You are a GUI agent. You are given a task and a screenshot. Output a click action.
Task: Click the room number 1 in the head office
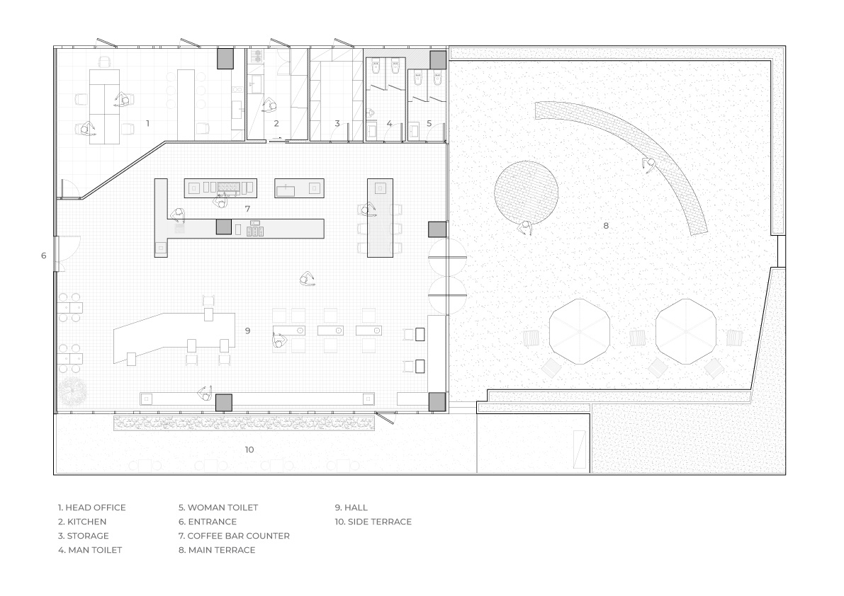tap(147, 124)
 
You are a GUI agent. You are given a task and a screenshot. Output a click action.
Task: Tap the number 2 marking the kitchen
tap(276, 124)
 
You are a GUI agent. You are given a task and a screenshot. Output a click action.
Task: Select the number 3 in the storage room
tap(337, 124)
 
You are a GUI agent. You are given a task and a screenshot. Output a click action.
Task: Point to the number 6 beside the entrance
tap(44, 256)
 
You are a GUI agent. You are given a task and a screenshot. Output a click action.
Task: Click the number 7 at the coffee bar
tap(247, 209)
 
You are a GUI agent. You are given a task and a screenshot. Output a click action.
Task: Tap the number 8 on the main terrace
tap(606, 226)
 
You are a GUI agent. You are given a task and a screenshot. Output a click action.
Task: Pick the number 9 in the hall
tap(247, 331)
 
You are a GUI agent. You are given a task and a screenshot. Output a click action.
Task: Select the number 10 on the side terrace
tap(249, 449)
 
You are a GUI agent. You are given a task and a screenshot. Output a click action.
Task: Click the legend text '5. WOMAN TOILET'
tap(218, 508)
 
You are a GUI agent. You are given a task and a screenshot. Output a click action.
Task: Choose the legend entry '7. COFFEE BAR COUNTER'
tap(234, 536)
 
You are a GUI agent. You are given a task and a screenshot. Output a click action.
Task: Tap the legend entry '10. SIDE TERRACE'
tap(373, 521)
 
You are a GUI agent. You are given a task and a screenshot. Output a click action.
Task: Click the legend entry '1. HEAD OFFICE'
tap(92, 508)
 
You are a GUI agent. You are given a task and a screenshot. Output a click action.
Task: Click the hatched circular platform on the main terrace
tap(526, 192)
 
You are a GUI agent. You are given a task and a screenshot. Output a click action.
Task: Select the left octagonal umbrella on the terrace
tap(579, 331)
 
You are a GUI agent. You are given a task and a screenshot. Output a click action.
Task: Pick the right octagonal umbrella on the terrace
tap(686, 331)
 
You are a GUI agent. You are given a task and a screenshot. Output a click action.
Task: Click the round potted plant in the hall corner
tap(72, 391)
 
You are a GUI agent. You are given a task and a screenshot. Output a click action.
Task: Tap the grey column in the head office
tap(225, 59)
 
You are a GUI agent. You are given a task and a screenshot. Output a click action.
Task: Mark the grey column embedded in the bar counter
tap(223, 227)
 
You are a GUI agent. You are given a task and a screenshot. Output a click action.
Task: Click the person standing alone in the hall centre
tap(308, 278)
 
